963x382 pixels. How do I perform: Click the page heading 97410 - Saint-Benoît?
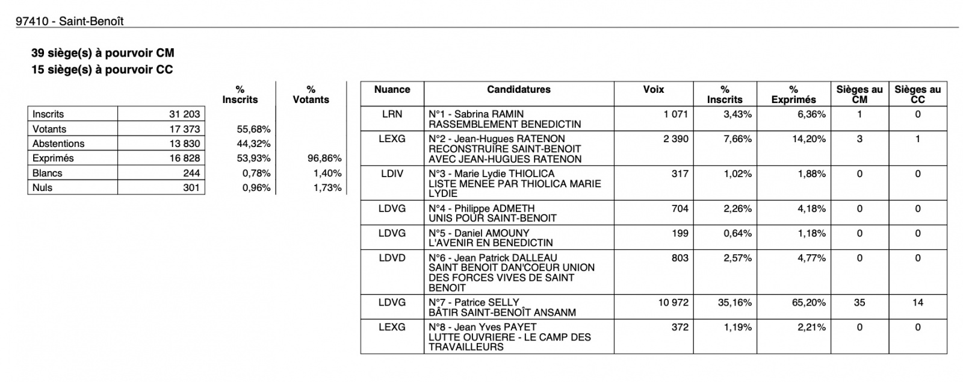coord(70,21)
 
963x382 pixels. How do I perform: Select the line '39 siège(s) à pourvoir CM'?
coord(102,54)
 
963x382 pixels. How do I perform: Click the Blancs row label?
coord(48,173)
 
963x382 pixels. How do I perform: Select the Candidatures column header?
coord(518,90)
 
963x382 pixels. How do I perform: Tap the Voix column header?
coord(653,90)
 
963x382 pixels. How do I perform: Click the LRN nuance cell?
coord(392,114)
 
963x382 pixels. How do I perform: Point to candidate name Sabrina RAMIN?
coord(489,114)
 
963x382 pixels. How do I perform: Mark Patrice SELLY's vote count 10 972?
coord(673,302)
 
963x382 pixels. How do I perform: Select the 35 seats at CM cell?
coord(859,302)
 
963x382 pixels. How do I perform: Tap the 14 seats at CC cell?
coord(917,302)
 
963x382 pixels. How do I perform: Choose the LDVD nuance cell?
coord(392,258)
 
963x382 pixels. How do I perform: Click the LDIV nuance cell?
coord(392,174)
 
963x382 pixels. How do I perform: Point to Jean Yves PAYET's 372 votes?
coord(680,327)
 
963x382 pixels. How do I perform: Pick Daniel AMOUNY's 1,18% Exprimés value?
coord(811,233)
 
